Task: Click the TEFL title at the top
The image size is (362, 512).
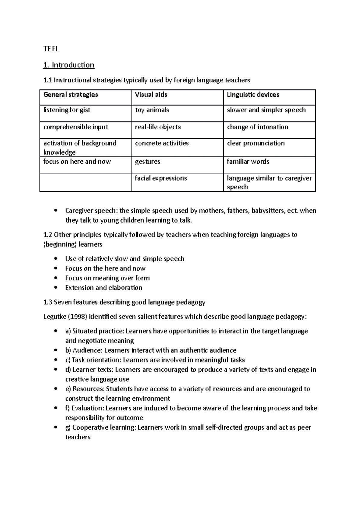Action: (51, 49)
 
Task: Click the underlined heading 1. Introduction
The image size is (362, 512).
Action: (69, 65)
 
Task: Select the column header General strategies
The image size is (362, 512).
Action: (71, 95)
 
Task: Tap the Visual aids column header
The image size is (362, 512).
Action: (151, 95)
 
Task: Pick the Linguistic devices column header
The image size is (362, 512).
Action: (253, 95)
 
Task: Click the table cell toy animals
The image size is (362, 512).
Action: (152, 110)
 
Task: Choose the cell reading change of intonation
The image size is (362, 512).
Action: (257, 127)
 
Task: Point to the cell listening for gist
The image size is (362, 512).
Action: (67, 110)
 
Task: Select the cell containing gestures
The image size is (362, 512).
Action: (148, 162)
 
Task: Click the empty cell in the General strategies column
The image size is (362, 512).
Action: (85, 182)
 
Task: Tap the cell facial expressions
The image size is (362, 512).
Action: (161, 179)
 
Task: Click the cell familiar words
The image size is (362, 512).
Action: (248, 162)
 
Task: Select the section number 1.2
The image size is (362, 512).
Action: (48, 235)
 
